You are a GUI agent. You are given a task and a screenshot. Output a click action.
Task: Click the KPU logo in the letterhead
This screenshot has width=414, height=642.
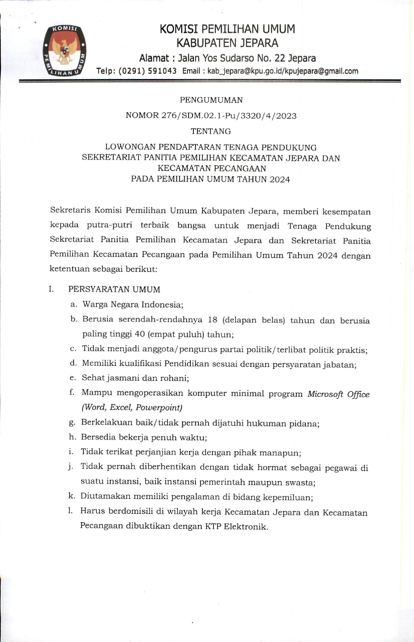pos(64,50)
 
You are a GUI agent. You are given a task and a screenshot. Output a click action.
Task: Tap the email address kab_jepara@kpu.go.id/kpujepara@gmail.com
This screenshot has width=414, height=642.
pos(283,71)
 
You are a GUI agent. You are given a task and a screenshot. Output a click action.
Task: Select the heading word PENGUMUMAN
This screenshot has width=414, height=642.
pos(211,100)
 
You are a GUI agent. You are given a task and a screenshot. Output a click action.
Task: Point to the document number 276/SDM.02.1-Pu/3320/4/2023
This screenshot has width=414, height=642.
pos(229,116)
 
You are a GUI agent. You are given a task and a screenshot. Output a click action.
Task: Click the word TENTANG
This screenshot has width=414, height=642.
pos(211,131)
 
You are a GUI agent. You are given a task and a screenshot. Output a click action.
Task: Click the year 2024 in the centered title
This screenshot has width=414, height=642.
pos(279,179)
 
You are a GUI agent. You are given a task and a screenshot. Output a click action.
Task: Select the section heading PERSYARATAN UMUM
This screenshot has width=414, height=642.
pos(114,289)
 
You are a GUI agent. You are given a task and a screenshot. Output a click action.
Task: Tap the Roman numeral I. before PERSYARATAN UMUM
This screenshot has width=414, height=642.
pos(51,289)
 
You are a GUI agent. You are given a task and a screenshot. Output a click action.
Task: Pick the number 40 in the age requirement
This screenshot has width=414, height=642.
pos(140,334)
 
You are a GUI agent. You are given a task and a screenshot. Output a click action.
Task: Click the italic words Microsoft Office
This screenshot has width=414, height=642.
pos(338,394)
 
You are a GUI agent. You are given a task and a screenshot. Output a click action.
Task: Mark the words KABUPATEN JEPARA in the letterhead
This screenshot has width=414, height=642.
pos(227,43)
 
